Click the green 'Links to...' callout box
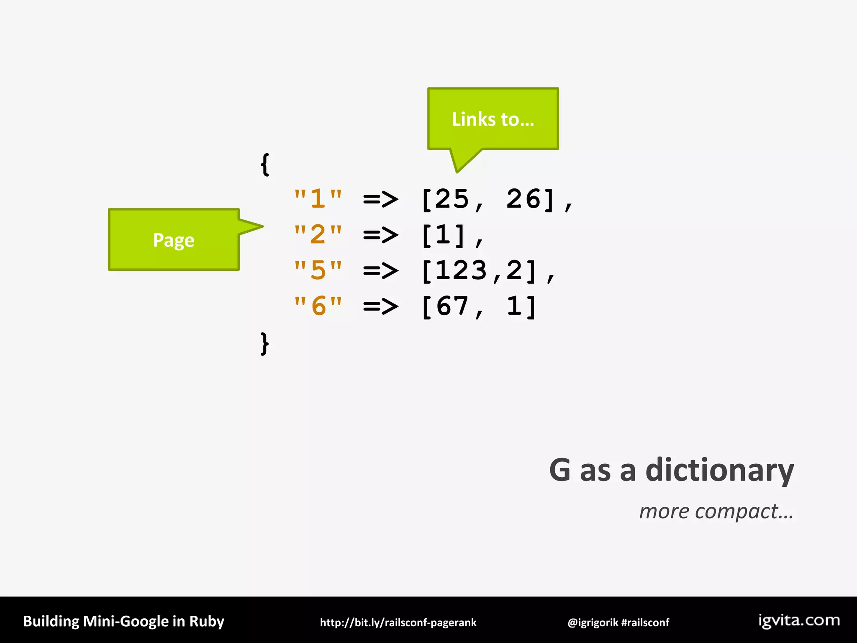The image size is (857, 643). point(493,119)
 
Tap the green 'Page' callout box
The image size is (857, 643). point(174,240)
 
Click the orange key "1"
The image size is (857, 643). point(318,198)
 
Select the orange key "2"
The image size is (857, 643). point(318,234)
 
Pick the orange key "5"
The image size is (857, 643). point(318,270)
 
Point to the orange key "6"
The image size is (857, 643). point(318,306)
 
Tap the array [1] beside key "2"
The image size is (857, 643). point(444,235)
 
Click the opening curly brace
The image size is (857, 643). point(264,165)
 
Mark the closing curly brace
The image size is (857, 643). point(264,344)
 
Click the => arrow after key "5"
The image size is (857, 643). point(381,271)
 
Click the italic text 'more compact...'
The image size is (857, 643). point(716,511)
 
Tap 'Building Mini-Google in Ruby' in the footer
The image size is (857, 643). point(123,621)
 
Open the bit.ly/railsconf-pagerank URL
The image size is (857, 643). point(398,622)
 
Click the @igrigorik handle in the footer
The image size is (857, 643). point(593,622)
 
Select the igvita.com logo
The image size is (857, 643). point(799,620)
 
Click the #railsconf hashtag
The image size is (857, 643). point(645,622)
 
